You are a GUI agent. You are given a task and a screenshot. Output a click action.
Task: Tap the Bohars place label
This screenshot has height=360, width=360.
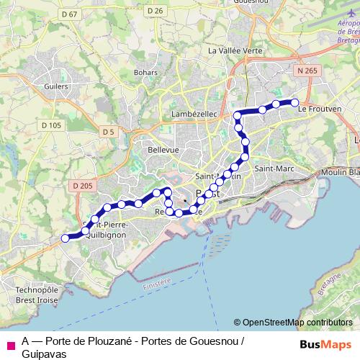pos(146,73)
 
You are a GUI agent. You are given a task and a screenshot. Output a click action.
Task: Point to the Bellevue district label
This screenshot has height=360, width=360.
pos(163,149)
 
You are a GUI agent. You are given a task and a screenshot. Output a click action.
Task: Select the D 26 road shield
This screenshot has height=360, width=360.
pos(155,10)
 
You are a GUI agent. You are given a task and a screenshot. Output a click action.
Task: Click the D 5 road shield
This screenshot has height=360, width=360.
pos(109,132)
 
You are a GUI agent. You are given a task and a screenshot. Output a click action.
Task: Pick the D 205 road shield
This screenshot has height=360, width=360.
pos(83,186)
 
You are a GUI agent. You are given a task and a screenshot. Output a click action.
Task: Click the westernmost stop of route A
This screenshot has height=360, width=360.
pos(65,238)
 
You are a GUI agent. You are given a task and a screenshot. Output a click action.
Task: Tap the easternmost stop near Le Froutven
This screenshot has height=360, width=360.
pos(294,103)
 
